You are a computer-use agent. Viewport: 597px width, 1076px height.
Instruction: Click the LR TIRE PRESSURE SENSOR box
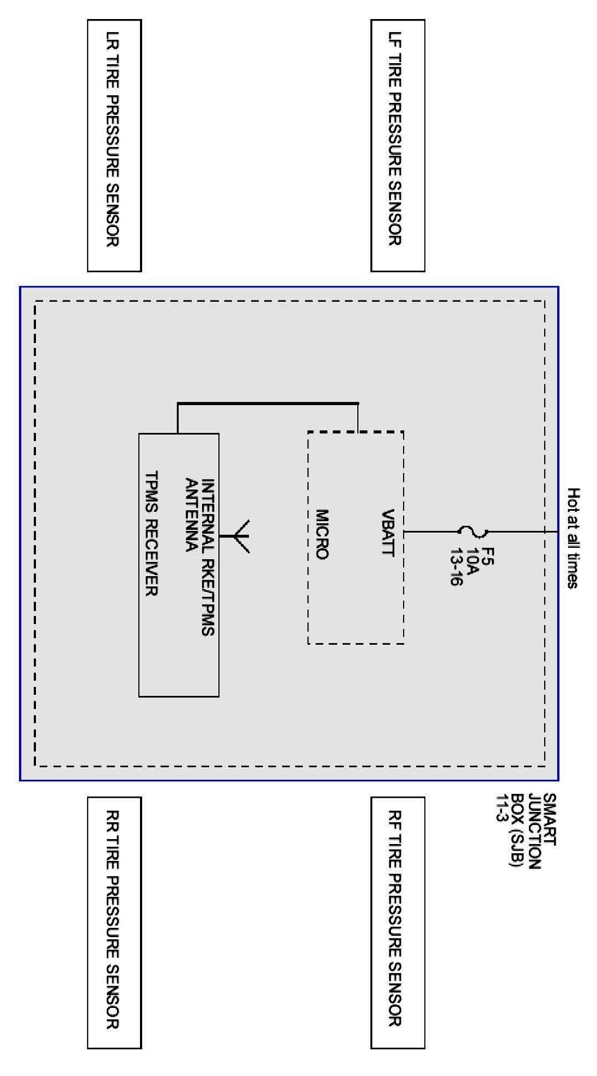[x=114, y=145]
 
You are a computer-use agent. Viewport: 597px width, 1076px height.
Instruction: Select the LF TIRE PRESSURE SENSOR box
[x=398, y=145]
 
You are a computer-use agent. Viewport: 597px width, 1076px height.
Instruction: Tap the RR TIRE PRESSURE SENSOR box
[x=114, y=922]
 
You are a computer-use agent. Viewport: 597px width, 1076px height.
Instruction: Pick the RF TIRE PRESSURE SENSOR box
[x=398, y=922]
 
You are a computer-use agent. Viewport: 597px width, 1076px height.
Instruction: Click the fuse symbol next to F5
[x=473, y=531]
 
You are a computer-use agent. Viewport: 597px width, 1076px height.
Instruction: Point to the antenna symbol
[x=240, y=536]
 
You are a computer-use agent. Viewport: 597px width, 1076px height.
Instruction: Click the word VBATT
[x=388, y=533]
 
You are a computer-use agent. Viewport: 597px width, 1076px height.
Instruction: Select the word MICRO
[x=322, y=534]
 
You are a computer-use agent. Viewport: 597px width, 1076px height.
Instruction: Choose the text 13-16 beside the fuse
[x=456, y=570]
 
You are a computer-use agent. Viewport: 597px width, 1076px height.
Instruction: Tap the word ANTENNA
[x=191, y=515]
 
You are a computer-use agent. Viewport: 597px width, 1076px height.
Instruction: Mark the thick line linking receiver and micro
[x=267, y=403]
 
